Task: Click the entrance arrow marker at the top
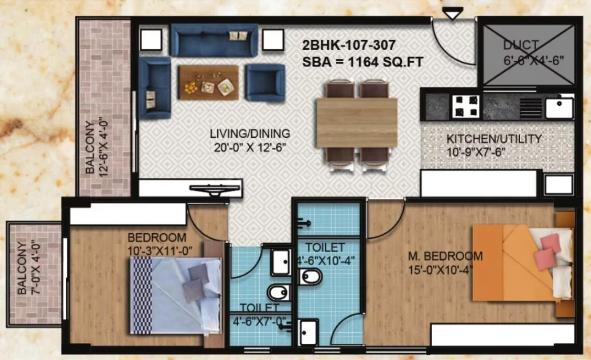point(452,14)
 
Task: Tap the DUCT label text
point(521,45)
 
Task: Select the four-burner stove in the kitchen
point(466,106)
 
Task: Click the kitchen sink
point(560,107)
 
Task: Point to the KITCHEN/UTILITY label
point(494,138)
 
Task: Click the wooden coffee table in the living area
point(209,82)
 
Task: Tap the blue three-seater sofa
point(214,40)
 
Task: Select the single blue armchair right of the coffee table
point(265,82)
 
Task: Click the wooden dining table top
point(356,122)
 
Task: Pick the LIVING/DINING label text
point(250,134)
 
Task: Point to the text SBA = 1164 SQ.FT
point(363,62)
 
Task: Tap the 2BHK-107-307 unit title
point(348,45)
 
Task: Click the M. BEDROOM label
point(445,256)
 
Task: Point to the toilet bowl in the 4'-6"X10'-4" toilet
point(310,277)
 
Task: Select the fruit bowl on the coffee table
point(191,88)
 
